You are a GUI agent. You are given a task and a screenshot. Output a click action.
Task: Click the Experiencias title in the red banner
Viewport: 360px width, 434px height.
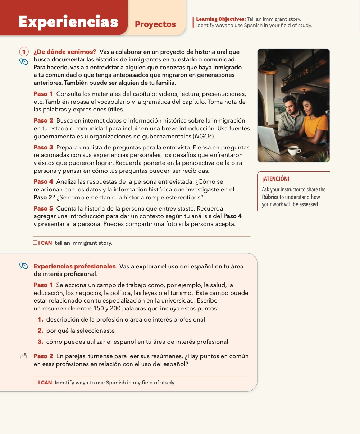pos(68,22)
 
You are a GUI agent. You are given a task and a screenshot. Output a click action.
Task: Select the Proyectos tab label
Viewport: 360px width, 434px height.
pos(155,24)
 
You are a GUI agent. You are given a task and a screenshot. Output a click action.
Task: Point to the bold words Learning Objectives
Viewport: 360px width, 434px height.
pos(221,19)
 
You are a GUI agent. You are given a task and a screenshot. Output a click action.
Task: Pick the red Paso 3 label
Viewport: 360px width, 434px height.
pos(43,147)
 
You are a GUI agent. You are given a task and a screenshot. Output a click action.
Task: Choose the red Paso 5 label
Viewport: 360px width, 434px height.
pos(43,208)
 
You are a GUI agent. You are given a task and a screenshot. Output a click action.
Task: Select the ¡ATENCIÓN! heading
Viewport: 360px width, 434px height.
pos(275,179)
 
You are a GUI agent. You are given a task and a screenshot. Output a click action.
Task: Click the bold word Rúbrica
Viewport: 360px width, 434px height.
pos(270,197)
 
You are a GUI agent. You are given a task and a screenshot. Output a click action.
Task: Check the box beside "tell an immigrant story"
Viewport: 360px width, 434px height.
pos(35,243)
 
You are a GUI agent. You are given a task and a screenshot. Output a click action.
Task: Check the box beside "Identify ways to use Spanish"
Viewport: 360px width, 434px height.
pos(35,382)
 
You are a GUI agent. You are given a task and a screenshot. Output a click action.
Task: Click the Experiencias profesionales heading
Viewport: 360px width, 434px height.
pos(74,266)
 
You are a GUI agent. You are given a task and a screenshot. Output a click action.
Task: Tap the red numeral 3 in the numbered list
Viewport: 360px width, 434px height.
pos(40,342)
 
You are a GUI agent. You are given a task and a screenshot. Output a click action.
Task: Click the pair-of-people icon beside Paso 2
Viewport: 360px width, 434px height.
pos(24,356)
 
